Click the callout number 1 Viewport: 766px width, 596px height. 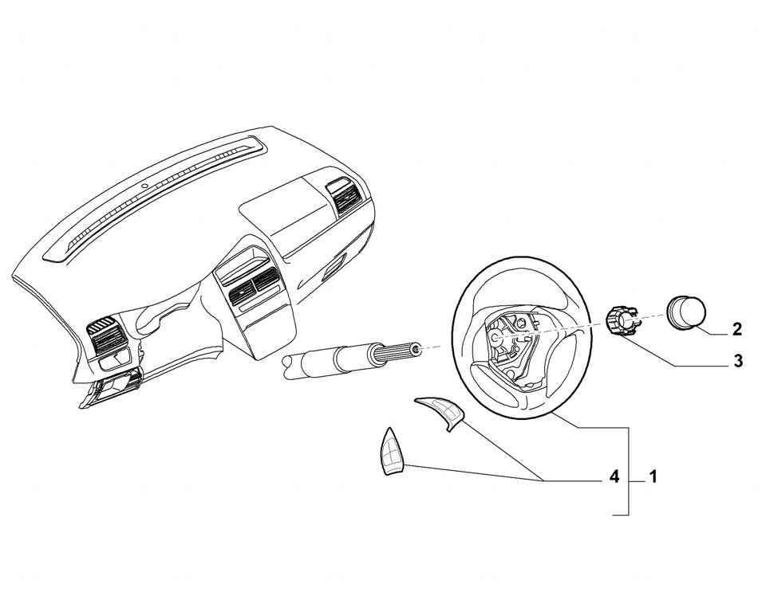pyautogui.click(x=653, y=476)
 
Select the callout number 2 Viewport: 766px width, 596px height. pyautogui.click(x=737, y=329)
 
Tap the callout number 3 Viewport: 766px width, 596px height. pyautogui.click(x=737, y=361)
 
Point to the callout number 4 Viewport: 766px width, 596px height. pyautogui.click(x=614, y=476)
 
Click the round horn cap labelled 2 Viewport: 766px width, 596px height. pyautogui.click(x=686, y=312)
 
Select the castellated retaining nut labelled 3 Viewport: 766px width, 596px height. pyautogui.click(x=622, y=320)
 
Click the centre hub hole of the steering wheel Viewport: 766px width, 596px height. pyautogui.click(x=494, y=338)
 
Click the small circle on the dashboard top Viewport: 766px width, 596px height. pyautogui.click(x=144, y=186)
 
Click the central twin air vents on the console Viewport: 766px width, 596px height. pyautogui.click(x=253, y=289)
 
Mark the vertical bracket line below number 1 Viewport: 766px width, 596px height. pyautogui.click(x=628, y=471)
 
